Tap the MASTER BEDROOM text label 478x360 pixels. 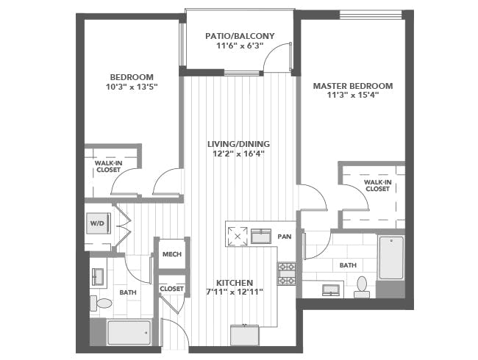coord(353,86)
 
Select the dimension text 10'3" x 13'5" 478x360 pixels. coord(132,87)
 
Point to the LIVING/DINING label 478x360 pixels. coord(238,143)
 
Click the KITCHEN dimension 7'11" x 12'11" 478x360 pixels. coord(235,293)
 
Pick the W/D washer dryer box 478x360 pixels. coord(97,223)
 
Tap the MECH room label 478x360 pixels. coord(171,254)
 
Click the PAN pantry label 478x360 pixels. coord(285,237)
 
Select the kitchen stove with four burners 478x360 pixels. coord(286,273)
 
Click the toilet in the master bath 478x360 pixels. coord(361,286)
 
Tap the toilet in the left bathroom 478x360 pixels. coord(103,303)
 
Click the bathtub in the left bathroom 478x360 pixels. coord(129,332)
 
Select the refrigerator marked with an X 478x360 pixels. coord(237,236)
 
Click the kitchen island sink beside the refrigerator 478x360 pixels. coord(261,236)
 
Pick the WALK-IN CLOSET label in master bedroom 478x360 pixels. coord(377,184)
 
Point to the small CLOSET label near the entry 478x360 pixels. coord(171,289)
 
